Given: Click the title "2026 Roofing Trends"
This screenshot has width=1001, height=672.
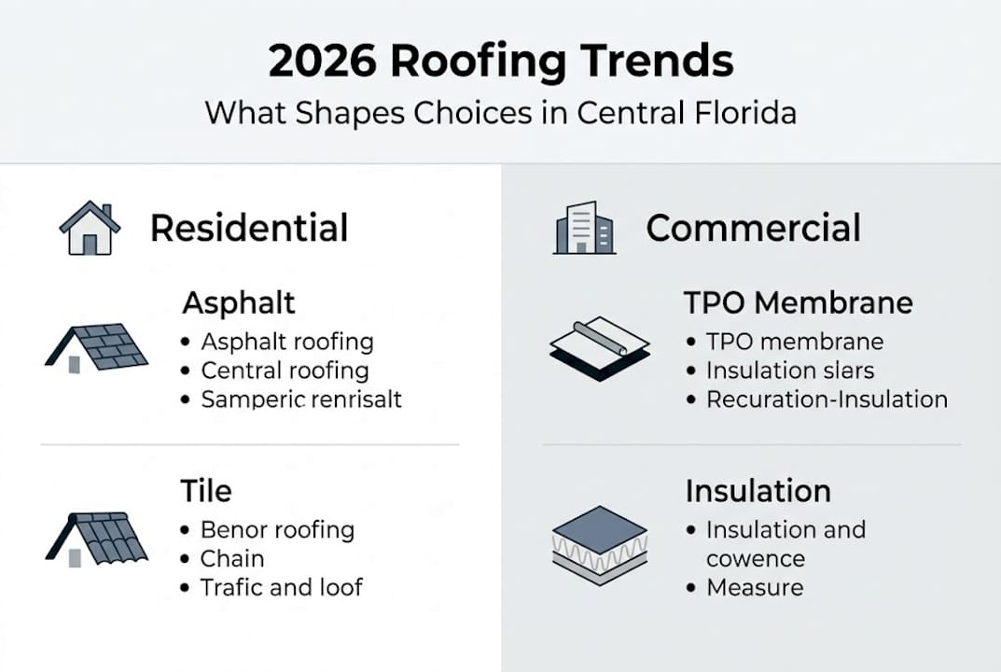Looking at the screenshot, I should click(500, 62).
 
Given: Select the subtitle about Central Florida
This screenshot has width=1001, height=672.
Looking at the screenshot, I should click(500, 114).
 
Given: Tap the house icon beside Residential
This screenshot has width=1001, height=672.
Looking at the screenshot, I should click(90, 228).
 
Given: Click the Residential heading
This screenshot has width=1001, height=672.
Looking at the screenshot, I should click(249, 229).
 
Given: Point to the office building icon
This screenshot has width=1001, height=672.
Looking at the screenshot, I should click(584, 228).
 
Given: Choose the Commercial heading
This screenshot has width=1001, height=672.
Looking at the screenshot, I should click(753, 229).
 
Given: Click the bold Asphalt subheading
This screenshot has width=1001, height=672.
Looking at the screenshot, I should click(239, 302).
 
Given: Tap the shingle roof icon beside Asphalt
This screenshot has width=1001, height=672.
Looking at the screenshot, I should click(96, 348).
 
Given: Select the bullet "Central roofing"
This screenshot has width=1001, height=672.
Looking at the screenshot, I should click(285, 371).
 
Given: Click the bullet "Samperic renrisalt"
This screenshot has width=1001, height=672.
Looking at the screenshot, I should click(301, 399).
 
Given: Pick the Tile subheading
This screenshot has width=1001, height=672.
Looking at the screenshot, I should click(206, 491).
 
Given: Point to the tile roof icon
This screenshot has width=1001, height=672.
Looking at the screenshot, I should click(96, 538).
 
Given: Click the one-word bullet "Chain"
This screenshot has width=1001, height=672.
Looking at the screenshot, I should click(232, 559).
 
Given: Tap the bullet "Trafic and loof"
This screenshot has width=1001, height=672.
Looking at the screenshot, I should click(282, 588).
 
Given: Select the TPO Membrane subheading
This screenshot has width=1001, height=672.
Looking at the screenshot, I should click(798, 302).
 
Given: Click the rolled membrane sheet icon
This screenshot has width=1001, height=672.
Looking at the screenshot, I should click(599, 349).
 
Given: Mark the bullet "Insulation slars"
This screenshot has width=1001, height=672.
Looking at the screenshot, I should click(790, 371).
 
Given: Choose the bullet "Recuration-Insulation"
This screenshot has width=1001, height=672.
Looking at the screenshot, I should click(827, 399).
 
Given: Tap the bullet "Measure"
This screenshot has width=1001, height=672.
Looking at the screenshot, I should click(754, 588).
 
